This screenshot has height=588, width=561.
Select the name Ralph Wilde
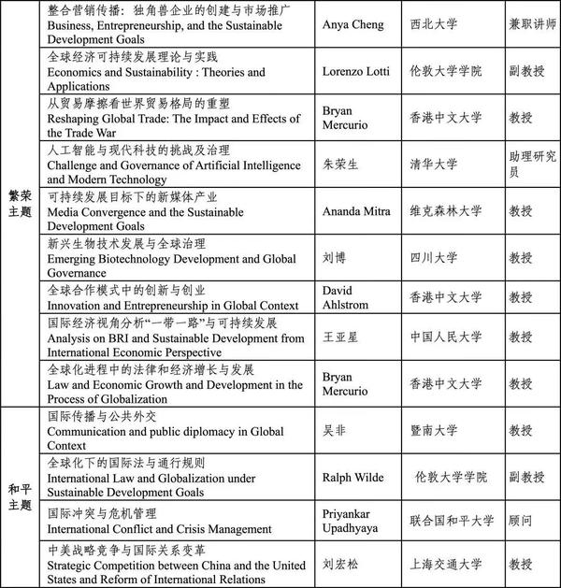(352, 477)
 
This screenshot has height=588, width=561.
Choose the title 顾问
(522, 517)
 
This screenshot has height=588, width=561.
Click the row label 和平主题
(20, 496)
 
